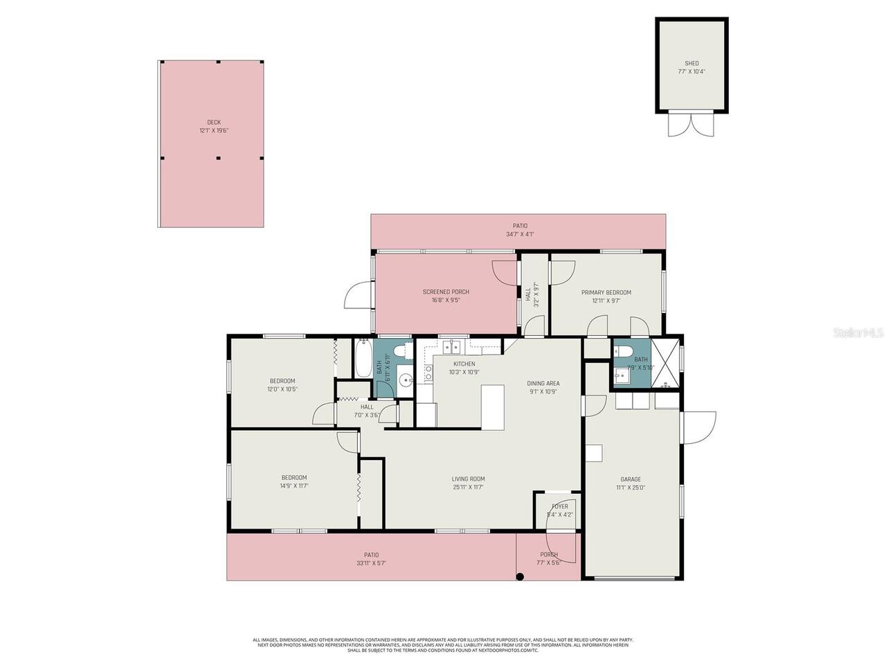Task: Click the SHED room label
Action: [x=691, y=63]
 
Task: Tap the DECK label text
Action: [x=214, y=122]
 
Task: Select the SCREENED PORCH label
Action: [x=446, y=292]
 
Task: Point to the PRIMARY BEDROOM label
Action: [x=606, y=292]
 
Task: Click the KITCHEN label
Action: [x=464, y=364]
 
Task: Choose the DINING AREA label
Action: [x=543, y=383]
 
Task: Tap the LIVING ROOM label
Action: [x=468, y=479]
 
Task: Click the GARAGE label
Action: [x=630, y=479]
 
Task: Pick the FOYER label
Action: [x=559, y=506]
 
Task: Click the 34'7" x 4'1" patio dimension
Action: [x=520, y=234]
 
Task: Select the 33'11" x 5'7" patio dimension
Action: [x=372, y=563]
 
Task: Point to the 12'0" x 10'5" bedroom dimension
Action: [x=282, y=389]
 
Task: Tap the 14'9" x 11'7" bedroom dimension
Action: [x=294, y=486]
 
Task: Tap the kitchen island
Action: [x=493, y=407]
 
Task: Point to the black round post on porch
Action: [x=520, y=576]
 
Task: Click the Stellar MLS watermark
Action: [x=858, y=333]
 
